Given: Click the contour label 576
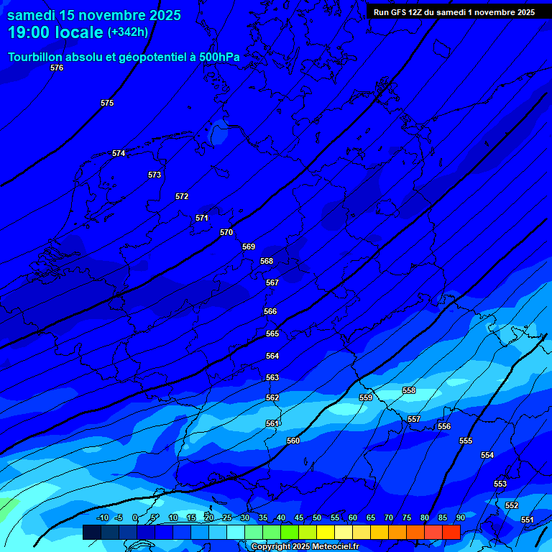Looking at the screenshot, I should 57,68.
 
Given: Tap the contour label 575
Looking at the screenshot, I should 107,103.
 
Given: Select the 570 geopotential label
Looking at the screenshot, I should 226,232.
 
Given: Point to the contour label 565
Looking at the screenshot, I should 272,334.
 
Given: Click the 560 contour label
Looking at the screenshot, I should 293,441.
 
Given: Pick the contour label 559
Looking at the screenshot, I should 366,397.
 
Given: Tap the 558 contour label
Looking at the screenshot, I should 409,390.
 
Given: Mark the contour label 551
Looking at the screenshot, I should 527,520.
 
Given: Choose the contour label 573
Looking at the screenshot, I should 155,175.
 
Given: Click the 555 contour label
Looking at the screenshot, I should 466,441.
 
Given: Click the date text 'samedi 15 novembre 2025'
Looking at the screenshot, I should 94,15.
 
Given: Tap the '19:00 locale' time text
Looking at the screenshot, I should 55,32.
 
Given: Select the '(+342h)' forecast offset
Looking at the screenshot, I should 128,32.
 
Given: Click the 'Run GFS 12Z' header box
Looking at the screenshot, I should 454,12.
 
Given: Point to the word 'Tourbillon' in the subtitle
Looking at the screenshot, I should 36,57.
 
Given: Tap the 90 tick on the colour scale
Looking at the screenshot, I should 460,517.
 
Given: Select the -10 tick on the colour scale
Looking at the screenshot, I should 103,517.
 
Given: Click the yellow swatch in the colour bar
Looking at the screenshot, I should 326,532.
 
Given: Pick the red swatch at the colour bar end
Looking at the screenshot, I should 451,532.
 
